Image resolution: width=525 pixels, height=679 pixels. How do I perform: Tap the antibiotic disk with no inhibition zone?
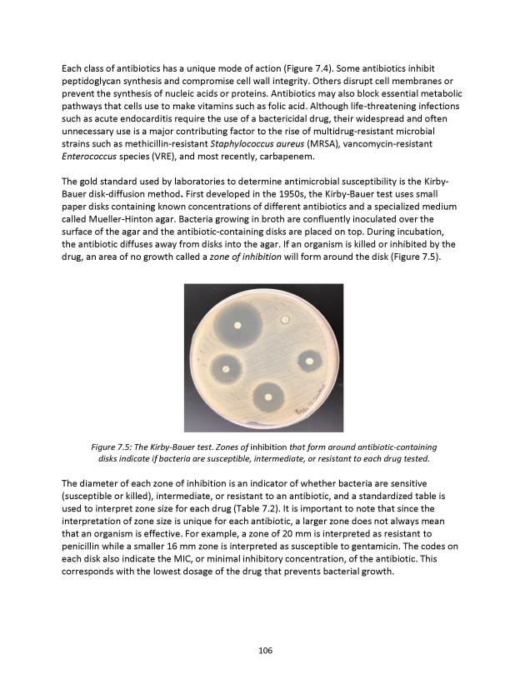[x=286, y=318]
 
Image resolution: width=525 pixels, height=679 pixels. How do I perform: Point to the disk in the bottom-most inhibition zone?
[x=267, y=397]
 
